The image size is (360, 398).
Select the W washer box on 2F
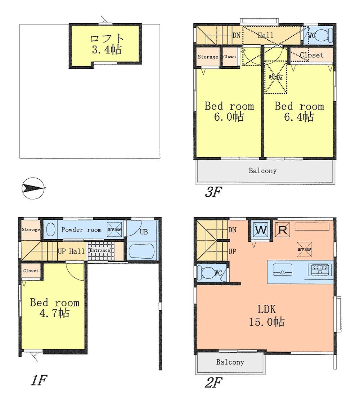coord(260,229)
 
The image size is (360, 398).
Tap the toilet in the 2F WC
coord(207,273)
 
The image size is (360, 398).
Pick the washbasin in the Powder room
coord(51,229)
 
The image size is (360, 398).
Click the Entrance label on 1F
coord(100,251)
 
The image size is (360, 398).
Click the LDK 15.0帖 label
coord(267,315)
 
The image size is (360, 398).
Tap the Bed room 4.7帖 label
coord(54,307)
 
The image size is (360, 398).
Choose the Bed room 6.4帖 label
coord(299,111)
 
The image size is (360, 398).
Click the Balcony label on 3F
coord(262,170)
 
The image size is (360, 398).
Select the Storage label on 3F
coord(208,57)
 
